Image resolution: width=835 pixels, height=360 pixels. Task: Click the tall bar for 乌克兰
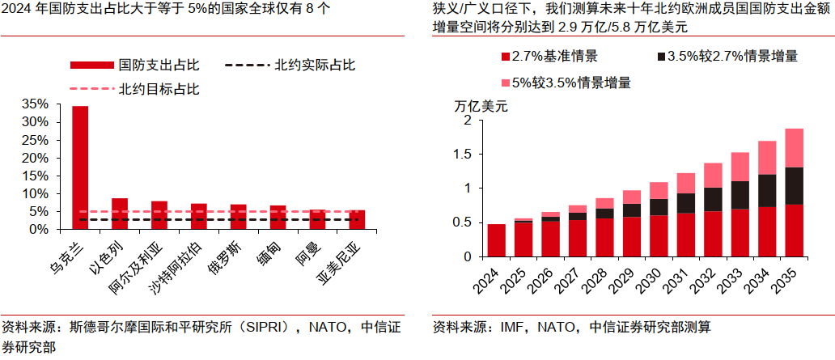[x=80, y=167]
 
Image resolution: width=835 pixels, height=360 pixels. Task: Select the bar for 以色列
[x=119, y=214]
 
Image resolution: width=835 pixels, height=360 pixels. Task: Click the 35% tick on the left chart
[x=36, y=104]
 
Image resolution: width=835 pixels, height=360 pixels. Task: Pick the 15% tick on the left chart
[x=36, y=176]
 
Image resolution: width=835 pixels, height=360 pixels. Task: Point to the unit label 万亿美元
[x=481, y=106]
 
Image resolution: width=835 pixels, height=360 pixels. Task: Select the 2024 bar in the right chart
[x=497, y=240]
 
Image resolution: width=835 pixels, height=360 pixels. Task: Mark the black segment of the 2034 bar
[x=767, y=191]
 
